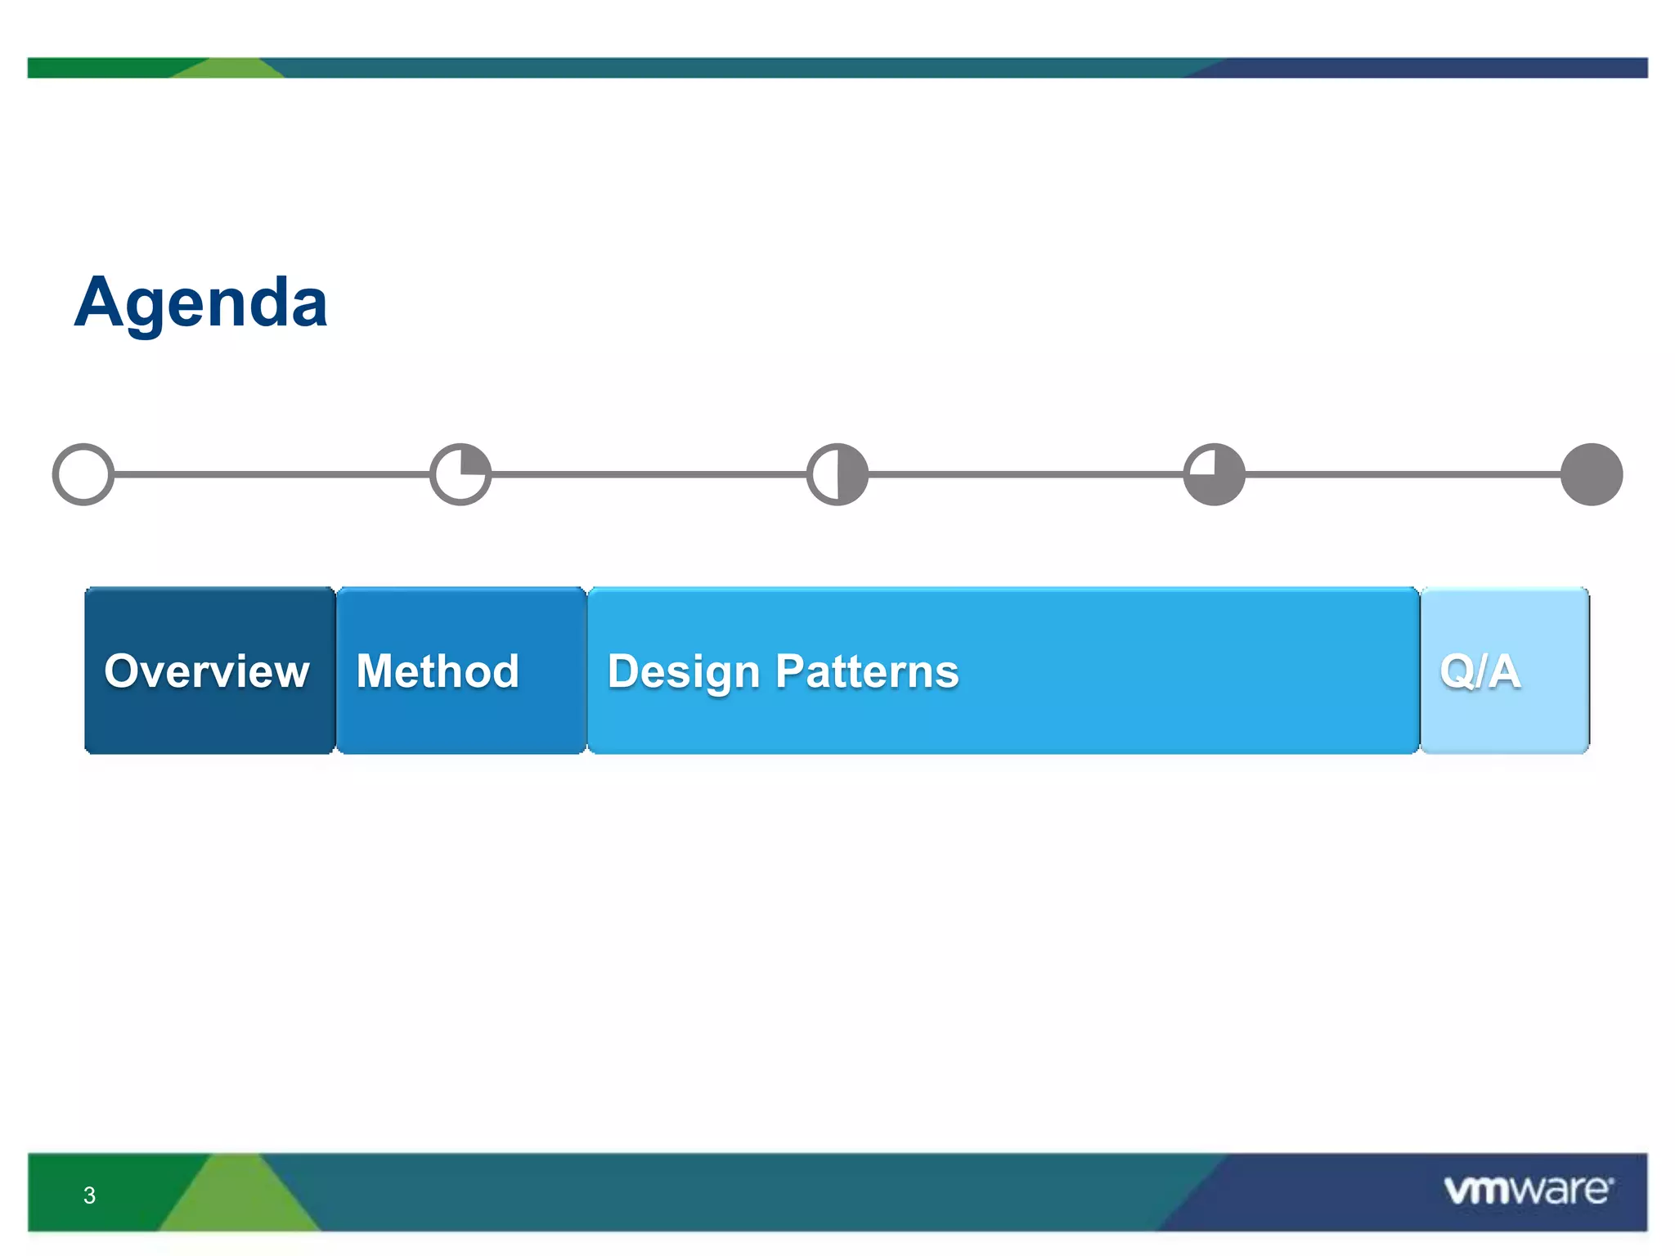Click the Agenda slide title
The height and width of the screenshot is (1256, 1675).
201,303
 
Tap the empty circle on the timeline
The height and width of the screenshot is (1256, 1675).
83,474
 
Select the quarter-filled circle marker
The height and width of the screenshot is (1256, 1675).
460,474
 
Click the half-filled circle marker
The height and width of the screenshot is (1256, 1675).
837,474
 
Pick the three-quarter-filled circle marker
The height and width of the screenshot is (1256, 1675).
1215,474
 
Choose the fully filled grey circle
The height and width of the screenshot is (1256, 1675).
1592,474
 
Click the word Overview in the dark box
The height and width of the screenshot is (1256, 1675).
207,671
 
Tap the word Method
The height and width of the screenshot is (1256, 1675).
438,671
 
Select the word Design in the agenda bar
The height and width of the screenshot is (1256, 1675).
684,673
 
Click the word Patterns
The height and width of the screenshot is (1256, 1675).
867,671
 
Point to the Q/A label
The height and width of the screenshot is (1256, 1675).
1480,671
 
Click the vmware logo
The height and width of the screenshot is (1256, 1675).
1528,1190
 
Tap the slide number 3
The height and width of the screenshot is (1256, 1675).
89,1195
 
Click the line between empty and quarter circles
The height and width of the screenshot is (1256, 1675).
272,474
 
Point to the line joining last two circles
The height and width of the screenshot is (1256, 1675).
1403,474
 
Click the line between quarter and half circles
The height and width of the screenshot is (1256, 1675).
649,474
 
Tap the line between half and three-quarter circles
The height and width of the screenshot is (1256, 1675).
1026,474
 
